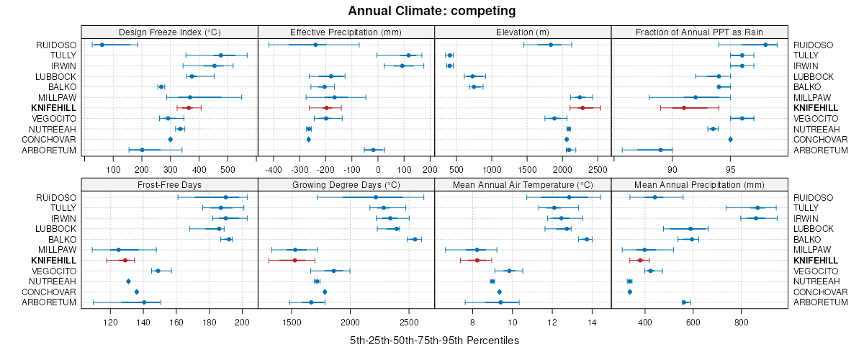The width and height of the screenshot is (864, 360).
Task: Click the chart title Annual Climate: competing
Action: coord(431,11)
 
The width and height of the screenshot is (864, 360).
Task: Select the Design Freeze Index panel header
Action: coord(169,32)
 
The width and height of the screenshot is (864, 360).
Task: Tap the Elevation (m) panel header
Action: coord(523,32)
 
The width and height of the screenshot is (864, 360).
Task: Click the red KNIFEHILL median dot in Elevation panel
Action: coord(582,107)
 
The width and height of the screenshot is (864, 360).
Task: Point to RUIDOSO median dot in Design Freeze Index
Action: coord(102,45)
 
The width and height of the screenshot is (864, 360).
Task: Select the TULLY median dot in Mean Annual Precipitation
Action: coord(757,207)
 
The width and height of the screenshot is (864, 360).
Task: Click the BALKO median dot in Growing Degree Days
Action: coord(415,239)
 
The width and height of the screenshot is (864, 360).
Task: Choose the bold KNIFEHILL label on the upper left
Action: coord(55,107)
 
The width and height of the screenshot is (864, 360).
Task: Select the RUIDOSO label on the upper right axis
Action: coord(814,45)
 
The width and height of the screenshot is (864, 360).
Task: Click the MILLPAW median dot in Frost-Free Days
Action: coord(119,250)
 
